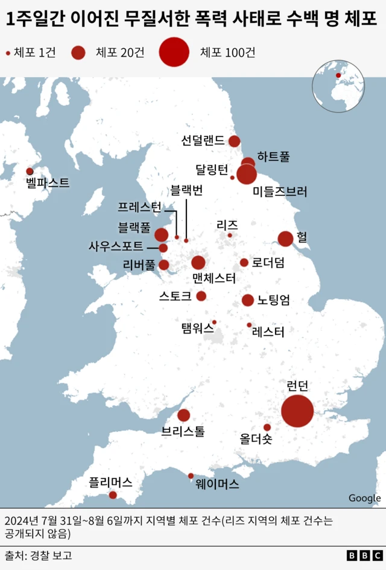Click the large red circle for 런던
pos(297,411)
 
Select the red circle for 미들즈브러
pos(246,174)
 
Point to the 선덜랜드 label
pos(203,141)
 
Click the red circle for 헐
pos(285,239)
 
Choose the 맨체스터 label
pos(214,279)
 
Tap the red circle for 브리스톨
pos(184,415)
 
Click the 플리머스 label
pos(110,482)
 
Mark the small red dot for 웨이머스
pos(191,476)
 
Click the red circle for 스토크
pos(201,296)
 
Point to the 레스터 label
pos(268,331)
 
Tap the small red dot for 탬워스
pos(214,322)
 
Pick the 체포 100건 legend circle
pos(174,52)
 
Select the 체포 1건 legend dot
pos(8,53)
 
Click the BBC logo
pos(364,556)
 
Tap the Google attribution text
pos(364,498)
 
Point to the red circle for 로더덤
pos(244,262)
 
